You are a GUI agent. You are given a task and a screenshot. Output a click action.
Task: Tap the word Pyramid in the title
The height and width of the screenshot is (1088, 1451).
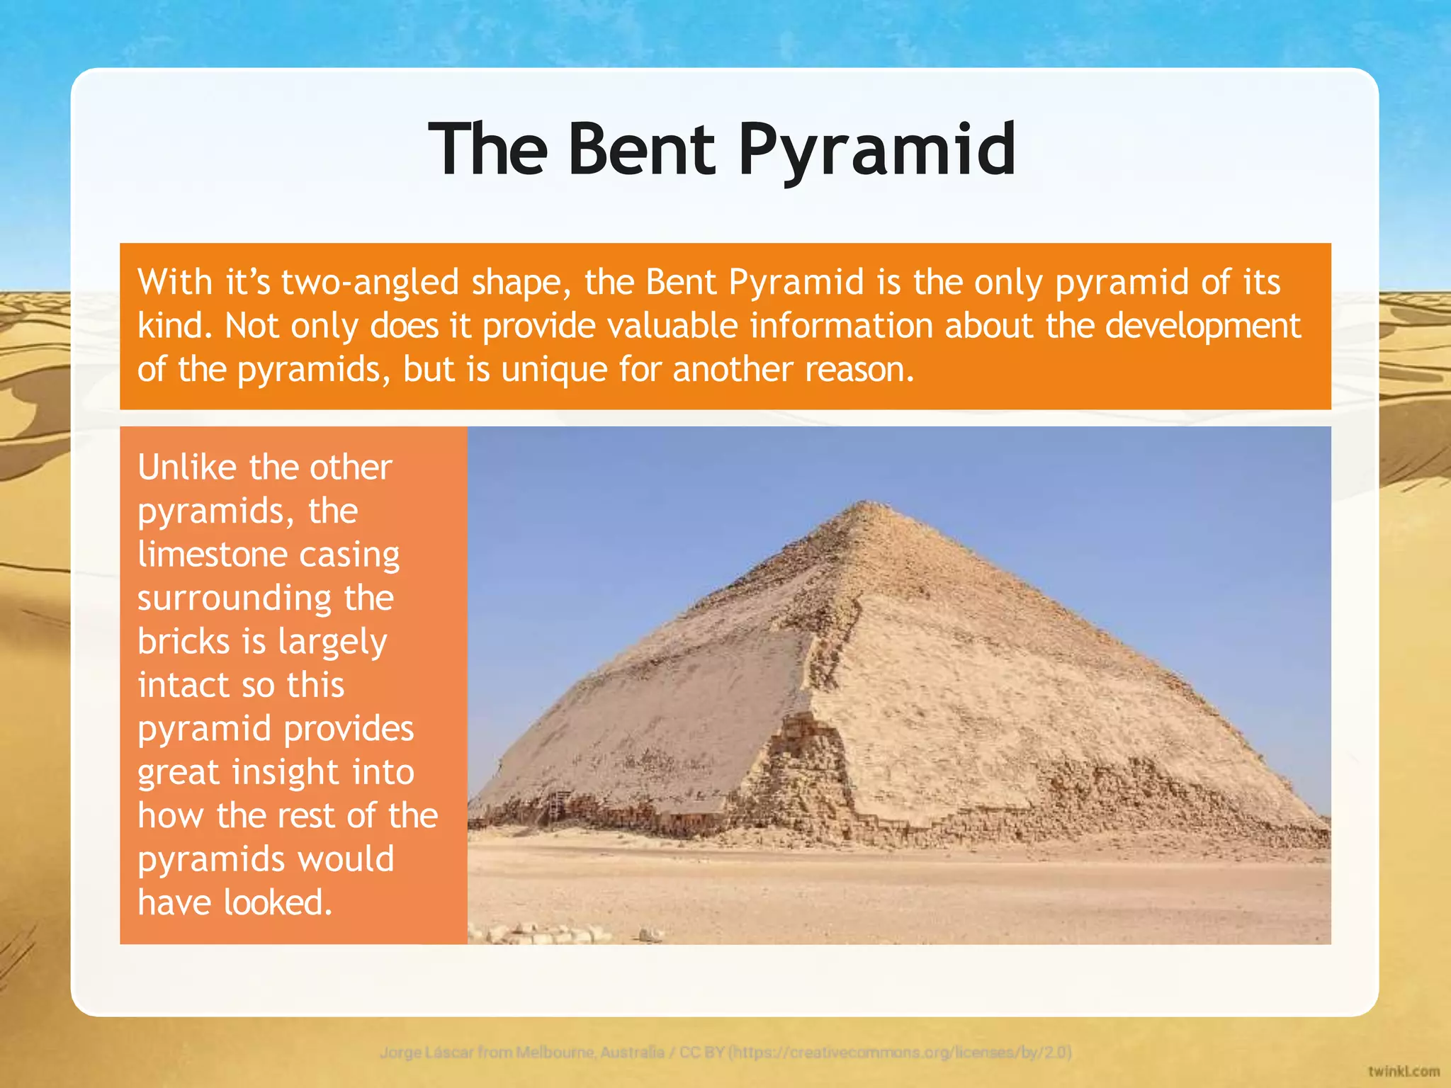click(x=877, y=150)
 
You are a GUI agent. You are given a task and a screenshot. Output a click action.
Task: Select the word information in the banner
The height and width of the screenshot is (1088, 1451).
click(x=841, y=326)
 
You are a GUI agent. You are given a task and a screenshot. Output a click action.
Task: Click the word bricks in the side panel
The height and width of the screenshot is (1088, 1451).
click(x=184, y=642)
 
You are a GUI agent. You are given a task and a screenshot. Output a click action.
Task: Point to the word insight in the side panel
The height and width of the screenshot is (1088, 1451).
click(x=287, y=773)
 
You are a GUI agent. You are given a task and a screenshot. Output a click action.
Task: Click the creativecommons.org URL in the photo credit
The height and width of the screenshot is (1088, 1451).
click(x=900, y=1052)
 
